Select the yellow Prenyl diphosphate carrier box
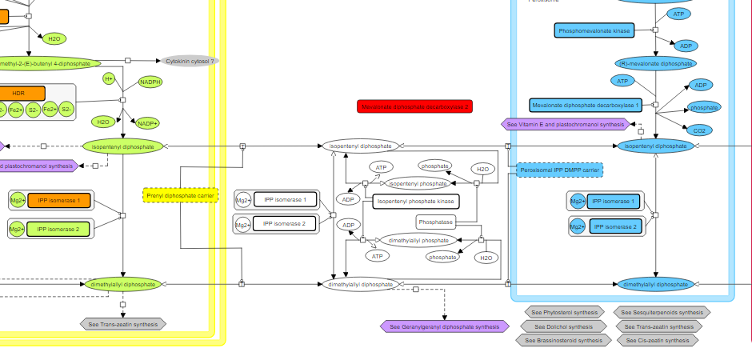pos(182,195)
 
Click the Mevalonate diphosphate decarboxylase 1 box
pos(586,105)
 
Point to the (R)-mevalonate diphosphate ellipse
pos(655,63)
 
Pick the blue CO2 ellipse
pos(698,130)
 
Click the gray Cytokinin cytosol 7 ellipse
pos(190,60)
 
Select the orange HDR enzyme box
pos(18,93)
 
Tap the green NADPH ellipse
pos(150,82)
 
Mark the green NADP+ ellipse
pos(147,123)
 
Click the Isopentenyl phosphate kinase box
pos(415,201)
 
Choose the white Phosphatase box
pos(436,222)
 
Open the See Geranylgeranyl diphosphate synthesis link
pos(444,326)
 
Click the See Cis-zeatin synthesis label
pos(658,340)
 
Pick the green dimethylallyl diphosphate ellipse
pos(122,284)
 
